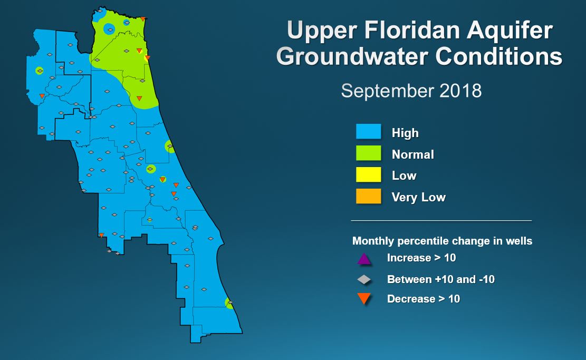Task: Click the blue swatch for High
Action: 369,131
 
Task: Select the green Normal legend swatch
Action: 369,153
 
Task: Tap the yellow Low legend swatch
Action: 369,175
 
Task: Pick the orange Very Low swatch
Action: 369,197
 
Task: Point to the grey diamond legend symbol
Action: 364,279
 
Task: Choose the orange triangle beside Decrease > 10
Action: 364,299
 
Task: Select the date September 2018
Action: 411,91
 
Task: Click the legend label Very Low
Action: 419,197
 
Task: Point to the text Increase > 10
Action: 421,258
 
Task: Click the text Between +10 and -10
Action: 440,279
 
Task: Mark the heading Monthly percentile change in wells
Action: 442,241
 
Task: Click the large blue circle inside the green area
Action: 109,29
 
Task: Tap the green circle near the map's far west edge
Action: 39,70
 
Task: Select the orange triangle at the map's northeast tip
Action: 143,18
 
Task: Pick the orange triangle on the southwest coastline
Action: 101,235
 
